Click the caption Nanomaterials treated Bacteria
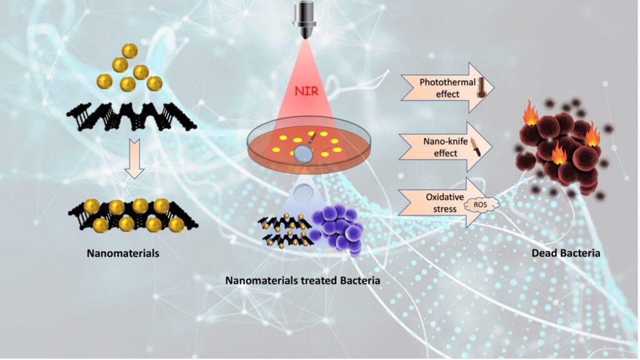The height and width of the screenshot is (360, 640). point(303,281)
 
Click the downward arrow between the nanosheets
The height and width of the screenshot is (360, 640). point(134,157)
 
